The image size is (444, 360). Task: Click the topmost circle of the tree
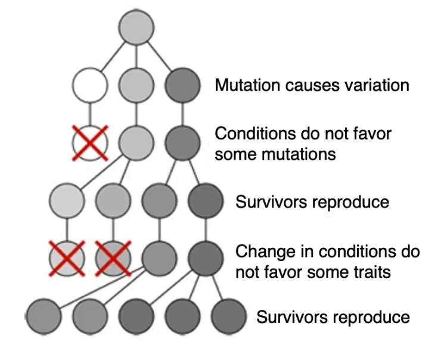click(x=136, y=27)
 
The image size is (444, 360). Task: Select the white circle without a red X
click(x=90, y=85)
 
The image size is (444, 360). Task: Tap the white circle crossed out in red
click(x=90, y=143)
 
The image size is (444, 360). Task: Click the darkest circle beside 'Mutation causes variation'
click(x=182, y=85)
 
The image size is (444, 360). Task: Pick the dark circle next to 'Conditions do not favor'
click(x=182, y=143)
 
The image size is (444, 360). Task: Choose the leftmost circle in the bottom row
click(x=44, y=316)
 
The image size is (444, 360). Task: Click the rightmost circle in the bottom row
click(x=229, y=316)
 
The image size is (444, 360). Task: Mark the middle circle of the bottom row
click(x=136, y=316)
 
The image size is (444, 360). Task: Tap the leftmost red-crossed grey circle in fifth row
click(x=67, y=258)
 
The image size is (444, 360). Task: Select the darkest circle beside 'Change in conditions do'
click(x=206, y=258)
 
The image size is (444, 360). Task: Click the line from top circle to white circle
click(x=113, y=57)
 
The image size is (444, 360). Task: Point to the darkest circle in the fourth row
click(x=206, y=200)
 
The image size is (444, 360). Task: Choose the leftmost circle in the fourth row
click(x=67, y=200)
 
